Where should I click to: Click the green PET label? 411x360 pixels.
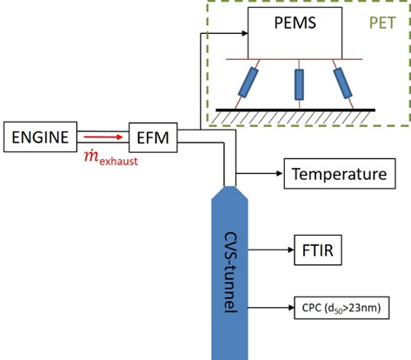click(382, 23)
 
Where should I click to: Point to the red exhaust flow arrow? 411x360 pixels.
click(103, 137)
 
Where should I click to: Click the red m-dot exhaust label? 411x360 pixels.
click(111, 158)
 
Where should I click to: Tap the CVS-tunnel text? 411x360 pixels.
click(231, 272)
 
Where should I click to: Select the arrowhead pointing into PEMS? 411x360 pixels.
click(245, 33)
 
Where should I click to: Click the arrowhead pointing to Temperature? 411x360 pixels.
click(280, 174)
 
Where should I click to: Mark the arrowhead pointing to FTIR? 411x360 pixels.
click(291, 250)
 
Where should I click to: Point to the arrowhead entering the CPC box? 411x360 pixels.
click(291, 308)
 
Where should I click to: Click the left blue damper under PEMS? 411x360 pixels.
click(249, 83)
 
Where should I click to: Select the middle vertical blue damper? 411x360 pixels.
click(299, 84)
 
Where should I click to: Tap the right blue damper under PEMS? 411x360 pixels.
click(342, 83)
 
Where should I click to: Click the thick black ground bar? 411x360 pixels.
click(295, 110)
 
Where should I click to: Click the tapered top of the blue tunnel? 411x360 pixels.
click(229, 193)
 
